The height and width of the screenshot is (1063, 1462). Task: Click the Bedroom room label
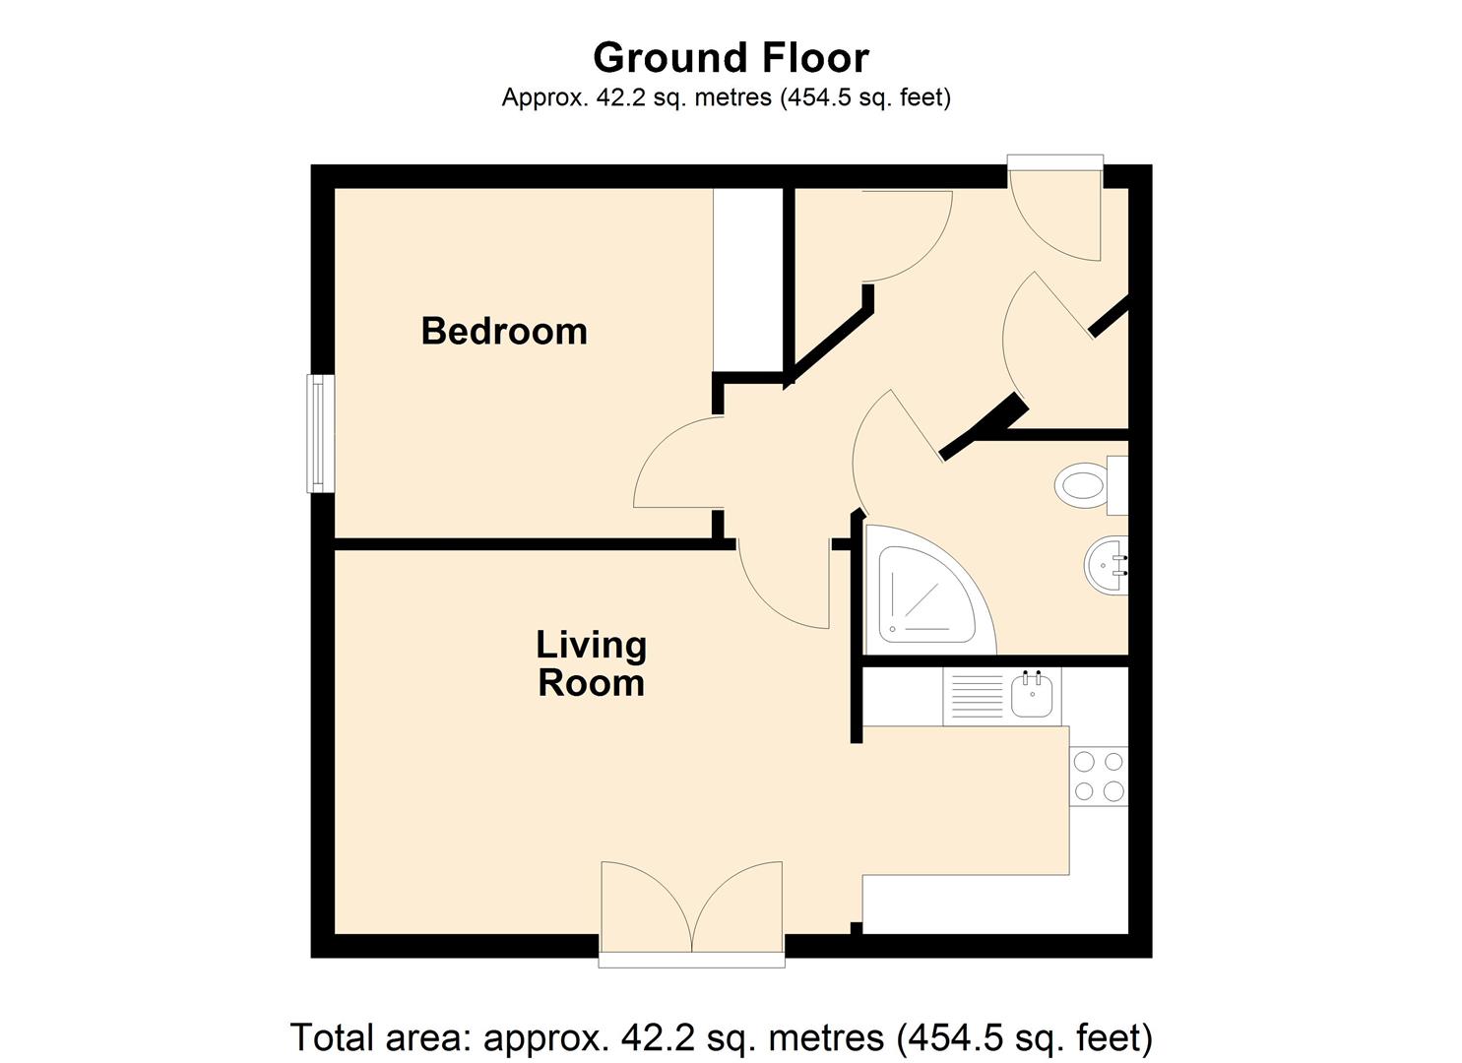[504, 331]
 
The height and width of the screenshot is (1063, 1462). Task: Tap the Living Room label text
[591, 663]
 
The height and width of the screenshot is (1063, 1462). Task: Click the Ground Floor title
[731, 58]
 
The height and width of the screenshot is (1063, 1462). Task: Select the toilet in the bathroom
[1081, 486]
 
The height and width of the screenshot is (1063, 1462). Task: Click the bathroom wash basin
[1108, 566]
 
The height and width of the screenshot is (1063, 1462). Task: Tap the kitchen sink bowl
[1033, 696]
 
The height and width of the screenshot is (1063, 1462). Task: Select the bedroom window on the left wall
[319, 433]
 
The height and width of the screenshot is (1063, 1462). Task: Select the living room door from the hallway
[783, 586]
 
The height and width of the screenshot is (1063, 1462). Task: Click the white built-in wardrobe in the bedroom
[747, 281]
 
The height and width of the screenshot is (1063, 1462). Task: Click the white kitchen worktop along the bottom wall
[994, 904]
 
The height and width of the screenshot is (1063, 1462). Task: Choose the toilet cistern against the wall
[1117, 485]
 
